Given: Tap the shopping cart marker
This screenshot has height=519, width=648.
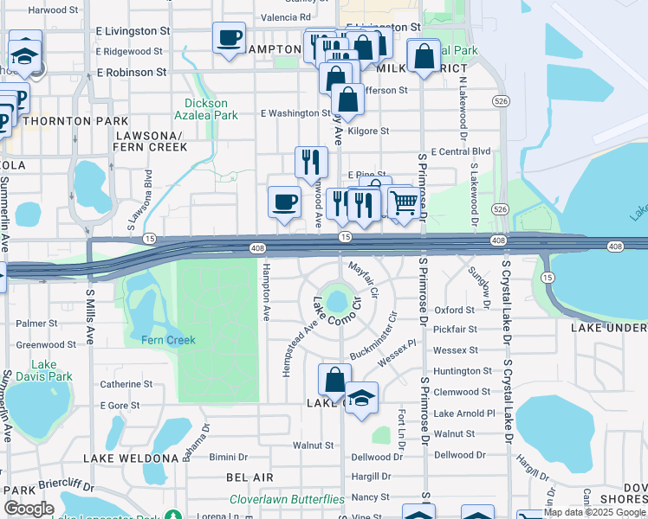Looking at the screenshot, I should coord(403,203).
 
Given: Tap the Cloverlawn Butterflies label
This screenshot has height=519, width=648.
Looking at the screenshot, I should coord(287,500).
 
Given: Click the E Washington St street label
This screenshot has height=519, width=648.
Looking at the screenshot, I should coord(295,113).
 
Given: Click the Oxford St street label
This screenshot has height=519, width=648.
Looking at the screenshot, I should coord(456,310).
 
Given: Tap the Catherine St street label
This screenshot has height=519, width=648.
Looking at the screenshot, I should coord(126,384).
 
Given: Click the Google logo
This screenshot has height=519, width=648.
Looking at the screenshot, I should coord(29,509).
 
